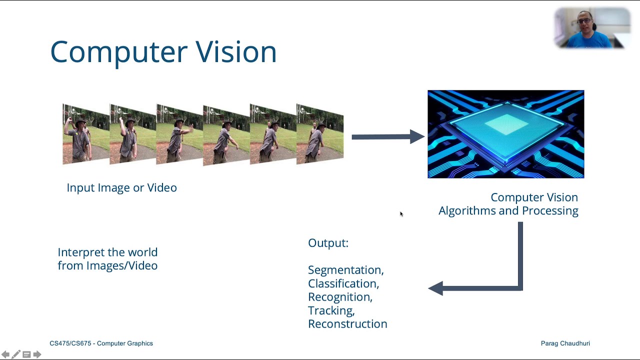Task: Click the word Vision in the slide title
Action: [235, 51]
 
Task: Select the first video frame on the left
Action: [85, 134]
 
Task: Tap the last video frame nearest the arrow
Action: [319, 134]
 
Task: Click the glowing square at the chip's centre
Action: [506, 124]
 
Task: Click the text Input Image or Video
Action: [121, 187]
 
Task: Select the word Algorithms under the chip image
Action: [467, 210]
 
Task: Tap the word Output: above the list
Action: [328, 243]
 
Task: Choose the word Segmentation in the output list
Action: [345, 270]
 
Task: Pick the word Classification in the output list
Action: [343, 283]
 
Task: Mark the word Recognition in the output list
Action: [340, 297]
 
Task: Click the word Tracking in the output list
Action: [331, 310]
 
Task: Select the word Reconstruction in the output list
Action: [347, 324]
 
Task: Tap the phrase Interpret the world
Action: [107, 252]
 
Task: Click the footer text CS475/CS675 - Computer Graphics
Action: [101, 343]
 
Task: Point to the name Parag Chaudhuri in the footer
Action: [565, 343]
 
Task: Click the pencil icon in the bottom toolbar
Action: [16, 354]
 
